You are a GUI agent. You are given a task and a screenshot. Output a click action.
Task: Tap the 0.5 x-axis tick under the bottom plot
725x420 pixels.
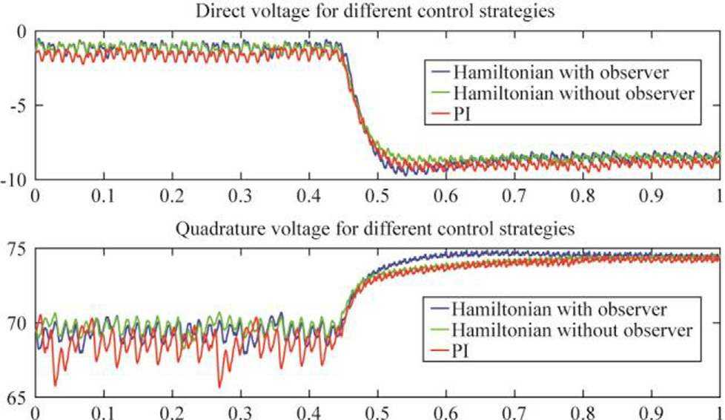(377, 412)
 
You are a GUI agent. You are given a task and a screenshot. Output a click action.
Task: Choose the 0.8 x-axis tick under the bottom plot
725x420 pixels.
(583, 412)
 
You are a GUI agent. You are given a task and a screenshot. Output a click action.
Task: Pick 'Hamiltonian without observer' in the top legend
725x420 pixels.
(572, 93)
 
